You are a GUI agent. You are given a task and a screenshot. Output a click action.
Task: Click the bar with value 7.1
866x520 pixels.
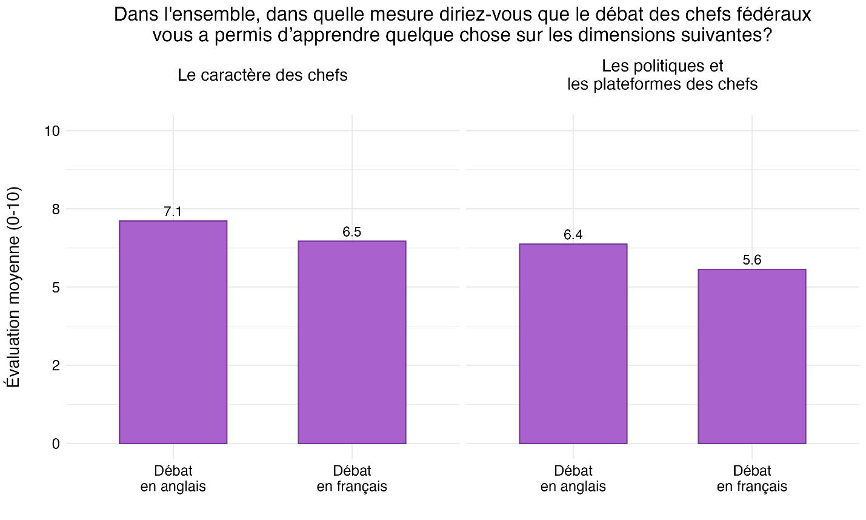click(x=173, y=332)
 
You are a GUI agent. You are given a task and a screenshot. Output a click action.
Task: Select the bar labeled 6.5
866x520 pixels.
click(x=351, y=342)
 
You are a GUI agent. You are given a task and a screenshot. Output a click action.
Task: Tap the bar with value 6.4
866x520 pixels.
click(x=573, y=343)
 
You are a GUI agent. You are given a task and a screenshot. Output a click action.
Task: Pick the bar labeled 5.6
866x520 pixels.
click(x=751, y=356)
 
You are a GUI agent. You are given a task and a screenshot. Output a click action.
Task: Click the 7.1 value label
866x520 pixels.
click(x=173, y=212)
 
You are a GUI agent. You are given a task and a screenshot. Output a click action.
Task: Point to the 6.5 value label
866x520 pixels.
click(x=351, y=232)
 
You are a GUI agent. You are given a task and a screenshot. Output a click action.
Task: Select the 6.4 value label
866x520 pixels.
click(x=573, y=235)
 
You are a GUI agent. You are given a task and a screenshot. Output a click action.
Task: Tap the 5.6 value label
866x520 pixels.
click(x=751, y=260)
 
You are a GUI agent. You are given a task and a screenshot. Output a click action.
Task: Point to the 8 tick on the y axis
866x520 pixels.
click(x=56, y=209)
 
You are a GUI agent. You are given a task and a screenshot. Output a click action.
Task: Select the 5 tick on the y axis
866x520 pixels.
click(x=56, y=287)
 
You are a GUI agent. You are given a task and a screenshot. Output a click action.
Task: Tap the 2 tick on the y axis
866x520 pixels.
click(x=56, y=365)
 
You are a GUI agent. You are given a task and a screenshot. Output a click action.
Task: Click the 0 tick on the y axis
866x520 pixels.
click(x=56, y=444)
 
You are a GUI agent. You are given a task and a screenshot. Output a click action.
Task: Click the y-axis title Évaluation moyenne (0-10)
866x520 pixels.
click(x=13, y=286)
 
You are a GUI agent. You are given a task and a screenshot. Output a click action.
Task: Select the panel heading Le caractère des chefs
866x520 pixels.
click(x=262, y=75)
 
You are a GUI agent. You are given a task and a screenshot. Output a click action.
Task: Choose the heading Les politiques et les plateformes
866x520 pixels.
click(x=662, y=75)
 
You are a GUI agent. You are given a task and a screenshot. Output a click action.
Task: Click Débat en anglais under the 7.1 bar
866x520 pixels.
click(x=173, y=478)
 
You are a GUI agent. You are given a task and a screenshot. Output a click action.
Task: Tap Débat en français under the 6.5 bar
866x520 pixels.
click(x=351, y=478)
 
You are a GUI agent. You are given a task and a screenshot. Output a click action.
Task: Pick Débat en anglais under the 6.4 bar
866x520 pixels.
click(x=573, y=478)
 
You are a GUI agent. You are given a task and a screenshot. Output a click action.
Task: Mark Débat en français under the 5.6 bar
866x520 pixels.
click(x=751, y=478)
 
